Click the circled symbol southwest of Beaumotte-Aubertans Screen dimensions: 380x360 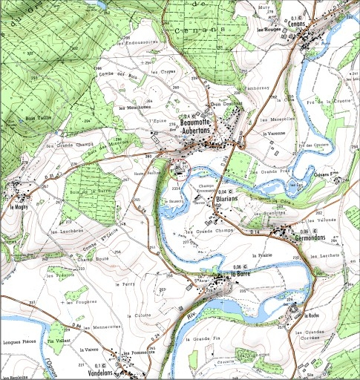(x=180, y=170)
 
